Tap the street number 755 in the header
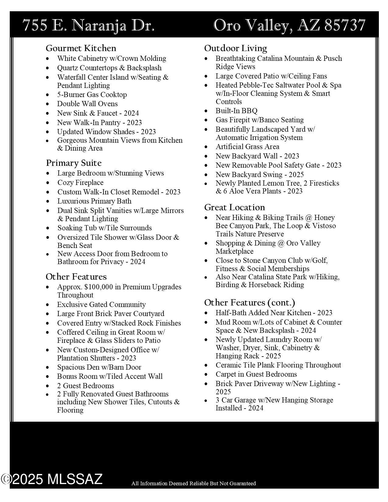(35, 25)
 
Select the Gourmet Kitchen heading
(81, 48)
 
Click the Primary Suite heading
(74, 163)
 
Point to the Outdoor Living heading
(236, 48)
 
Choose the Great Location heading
(234, 207)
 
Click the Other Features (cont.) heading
(250, 303)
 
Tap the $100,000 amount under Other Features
(99, 287)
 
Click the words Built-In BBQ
(236, 111)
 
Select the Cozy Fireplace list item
(80, 183)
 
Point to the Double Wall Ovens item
(87, 104)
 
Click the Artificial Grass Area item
(247, 147)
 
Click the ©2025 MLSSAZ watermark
(52, 479)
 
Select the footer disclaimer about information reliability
(194, 483)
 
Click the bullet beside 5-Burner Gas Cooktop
(47, 95)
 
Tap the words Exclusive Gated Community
(101, 305)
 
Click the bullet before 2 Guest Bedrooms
(47, 386)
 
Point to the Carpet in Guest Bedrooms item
(256, 374)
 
